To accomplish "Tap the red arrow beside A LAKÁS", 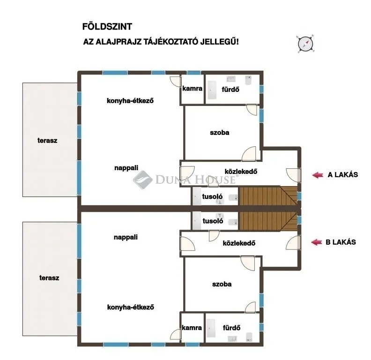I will coord(318,175).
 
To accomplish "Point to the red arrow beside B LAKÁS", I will coord(318,242).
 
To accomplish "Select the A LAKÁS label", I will coord(342,175).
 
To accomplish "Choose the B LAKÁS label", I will coord(341,242).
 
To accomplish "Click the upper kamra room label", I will coord(192,88).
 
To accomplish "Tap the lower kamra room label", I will coord(192,328).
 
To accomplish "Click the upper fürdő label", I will coord(231,88).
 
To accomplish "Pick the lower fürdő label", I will coord(231,328).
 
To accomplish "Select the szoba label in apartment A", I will coord(220,133).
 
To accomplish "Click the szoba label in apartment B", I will coord(222,284).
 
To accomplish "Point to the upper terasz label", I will coord(48,140).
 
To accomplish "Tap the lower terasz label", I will coord(49,277).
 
